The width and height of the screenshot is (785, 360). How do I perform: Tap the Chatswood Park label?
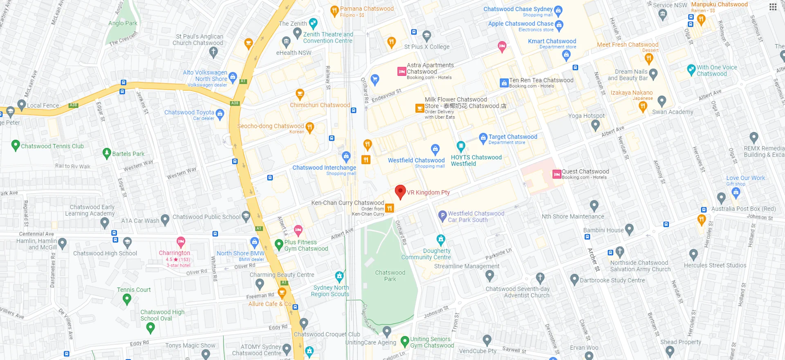(390, 276)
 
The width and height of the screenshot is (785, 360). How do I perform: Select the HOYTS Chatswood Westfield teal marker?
(461, 146)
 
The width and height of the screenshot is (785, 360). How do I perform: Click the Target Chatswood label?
(513, 137)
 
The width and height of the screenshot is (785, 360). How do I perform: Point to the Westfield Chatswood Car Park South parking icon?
(442, 216)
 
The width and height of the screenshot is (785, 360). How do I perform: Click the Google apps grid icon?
(773, 7)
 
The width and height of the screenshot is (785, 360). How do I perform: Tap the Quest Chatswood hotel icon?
(556, 174)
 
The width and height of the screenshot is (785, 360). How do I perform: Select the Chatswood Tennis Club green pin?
(16, 145)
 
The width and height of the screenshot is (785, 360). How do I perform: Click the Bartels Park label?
(128, 154)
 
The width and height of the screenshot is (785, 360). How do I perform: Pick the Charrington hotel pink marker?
(181, 241)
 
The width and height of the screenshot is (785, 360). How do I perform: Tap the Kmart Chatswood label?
(552, 41)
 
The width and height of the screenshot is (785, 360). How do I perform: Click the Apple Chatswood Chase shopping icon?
(559, 25)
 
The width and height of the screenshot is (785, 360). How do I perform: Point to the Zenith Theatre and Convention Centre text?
(328, 38)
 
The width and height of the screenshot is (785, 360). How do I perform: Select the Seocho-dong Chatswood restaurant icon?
(310, 127)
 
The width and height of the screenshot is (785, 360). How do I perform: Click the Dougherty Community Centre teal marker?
(441, 239)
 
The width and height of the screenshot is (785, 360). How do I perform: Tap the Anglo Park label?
(123, 23)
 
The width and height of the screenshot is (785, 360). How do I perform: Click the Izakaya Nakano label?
(631, 93)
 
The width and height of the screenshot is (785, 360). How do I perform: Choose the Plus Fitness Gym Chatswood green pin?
(279, 245)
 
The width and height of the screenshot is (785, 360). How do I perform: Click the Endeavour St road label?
(386, 96)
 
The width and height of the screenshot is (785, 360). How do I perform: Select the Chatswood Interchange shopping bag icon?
(346, 156)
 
